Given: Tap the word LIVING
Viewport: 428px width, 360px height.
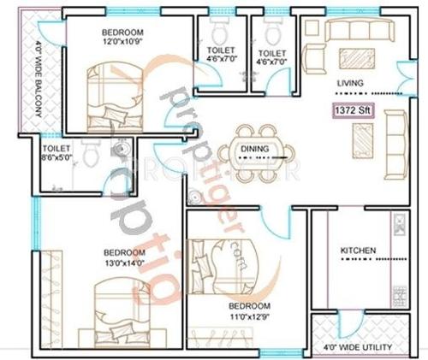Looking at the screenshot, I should click(x=350, y=83).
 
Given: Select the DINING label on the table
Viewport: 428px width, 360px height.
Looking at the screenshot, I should click(x=254, y=149).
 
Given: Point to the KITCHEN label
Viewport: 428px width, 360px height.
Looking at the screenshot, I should click(x=358, y=251).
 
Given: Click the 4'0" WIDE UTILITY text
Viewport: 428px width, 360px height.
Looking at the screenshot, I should click(x=358, y=348).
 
